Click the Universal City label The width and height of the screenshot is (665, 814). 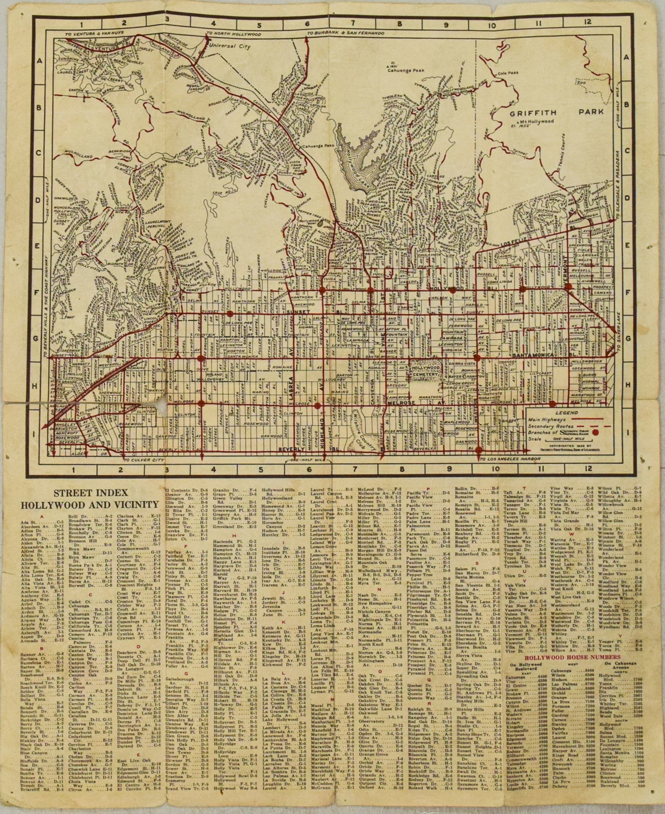coord(230,47)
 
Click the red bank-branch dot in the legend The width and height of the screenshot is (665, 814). coord(596,432)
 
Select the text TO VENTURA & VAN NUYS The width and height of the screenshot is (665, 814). coord(94,32)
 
